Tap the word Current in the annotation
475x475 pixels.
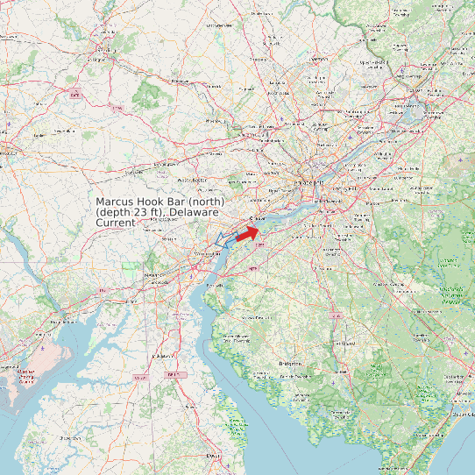(x=116, y=223)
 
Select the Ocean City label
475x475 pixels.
(x=459, y=413)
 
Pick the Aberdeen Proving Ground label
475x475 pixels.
(x=26, y=376)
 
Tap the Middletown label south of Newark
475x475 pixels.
(x=161, y=357)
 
